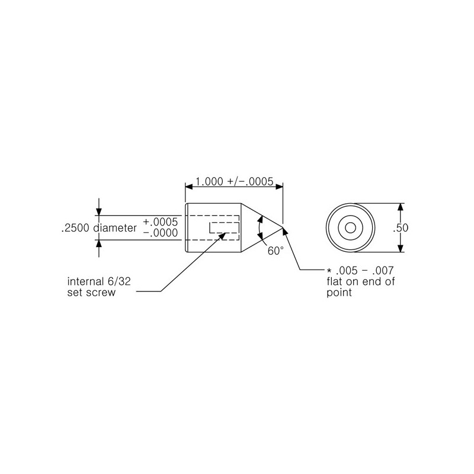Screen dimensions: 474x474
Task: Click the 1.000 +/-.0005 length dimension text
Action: click(234, 182)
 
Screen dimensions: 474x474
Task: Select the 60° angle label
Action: click(276, 251)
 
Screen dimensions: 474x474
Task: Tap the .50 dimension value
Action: click(401, 228)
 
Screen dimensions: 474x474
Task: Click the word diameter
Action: click(115, 228)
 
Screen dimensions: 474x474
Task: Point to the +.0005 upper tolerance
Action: click(160, 222)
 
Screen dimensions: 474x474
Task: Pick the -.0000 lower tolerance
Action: click(160, 233)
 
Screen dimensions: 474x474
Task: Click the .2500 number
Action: click(76, 228)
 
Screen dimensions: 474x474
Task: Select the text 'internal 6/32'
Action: click(99, 281)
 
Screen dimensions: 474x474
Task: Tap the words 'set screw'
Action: click(91, 292)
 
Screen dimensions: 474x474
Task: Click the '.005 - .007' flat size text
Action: click(364, 270)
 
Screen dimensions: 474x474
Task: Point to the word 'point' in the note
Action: click(339, 293)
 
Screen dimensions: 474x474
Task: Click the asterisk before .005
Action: click(329, 270)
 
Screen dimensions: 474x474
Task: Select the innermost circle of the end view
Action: click(350, 228)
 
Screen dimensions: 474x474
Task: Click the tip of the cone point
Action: click(283, 228)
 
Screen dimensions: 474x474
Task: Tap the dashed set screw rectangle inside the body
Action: click(225, 228)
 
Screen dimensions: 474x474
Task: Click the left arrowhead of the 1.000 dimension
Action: click(189, 187)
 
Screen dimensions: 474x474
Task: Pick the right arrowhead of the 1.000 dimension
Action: click(279, 187)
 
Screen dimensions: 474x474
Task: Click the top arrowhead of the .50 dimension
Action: click(401, 207)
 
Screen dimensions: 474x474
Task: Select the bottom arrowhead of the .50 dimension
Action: click(401, 248)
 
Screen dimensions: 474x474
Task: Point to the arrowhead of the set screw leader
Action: click(223, 235)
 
